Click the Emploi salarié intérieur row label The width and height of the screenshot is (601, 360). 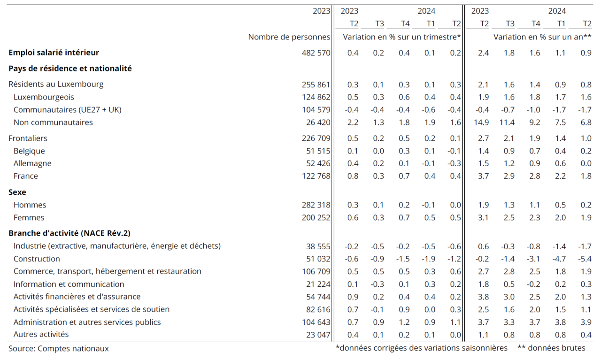click(54, 53)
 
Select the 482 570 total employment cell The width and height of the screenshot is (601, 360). click(316, 53)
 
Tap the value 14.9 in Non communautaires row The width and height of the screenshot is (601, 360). click(481, 123)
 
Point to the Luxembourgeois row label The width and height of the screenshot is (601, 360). click(44, 97)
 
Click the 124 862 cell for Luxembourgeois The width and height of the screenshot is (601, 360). click(316, 97)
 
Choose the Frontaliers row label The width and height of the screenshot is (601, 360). click(28, 138)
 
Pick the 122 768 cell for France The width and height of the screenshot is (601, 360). click(316, 176)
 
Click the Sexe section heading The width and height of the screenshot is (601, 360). click(17, 192)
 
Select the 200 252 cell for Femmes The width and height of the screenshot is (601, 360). click(316, 218)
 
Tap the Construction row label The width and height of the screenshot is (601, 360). click(37, 259)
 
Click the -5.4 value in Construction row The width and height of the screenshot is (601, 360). click(585, 259)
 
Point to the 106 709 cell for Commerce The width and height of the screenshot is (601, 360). click(316, 271)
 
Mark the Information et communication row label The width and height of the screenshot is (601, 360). click(69, 284)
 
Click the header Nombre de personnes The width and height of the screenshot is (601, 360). click(289, 37)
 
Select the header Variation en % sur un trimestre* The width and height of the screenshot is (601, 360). click(401, 37)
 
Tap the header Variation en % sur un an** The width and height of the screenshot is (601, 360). click(542, 37)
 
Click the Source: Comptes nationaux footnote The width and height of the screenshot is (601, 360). click(59, 348)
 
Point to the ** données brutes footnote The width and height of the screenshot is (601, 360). click(551, 348)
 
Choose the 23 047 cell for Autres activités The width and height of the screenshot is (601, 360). click(318, 335)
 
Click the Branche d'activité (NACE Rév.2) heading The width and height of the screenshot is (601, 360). click(69, 233)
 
